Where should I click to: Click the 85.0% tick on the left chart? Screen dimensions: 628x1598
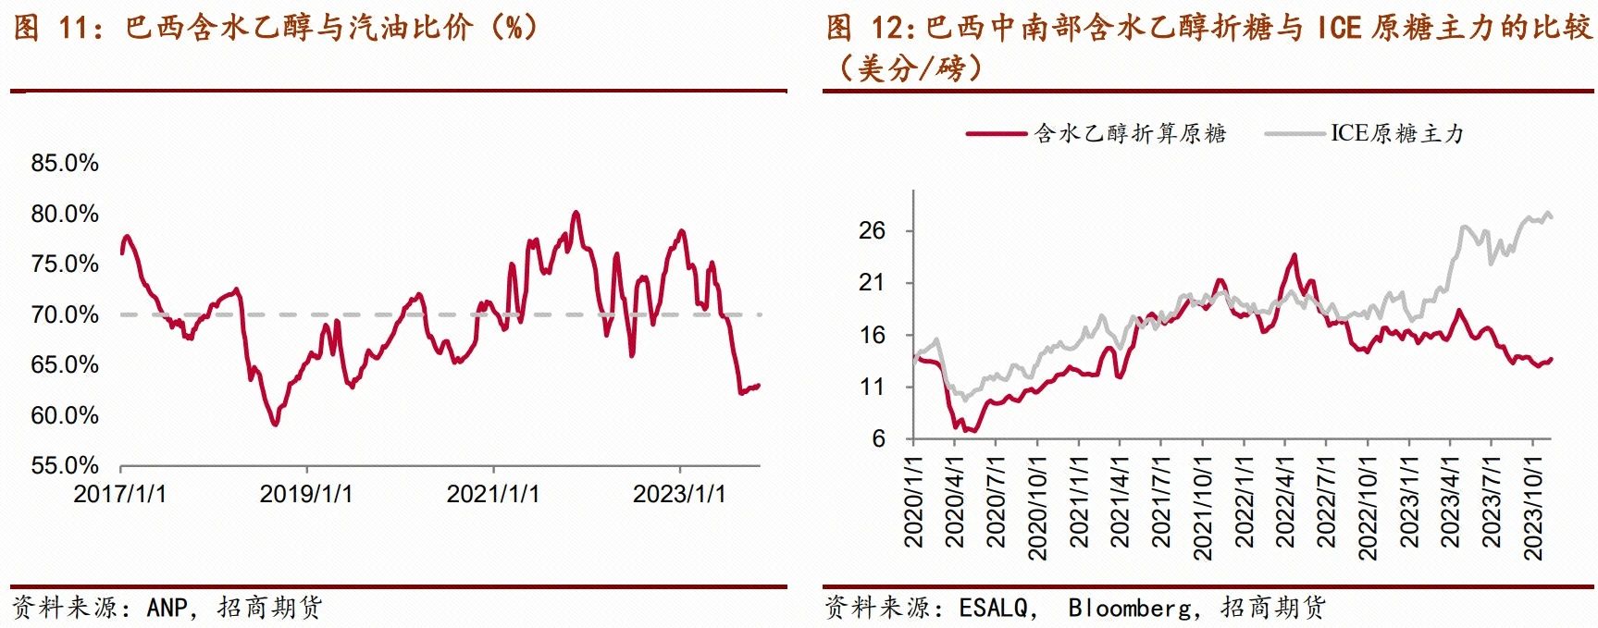[x=65, y=164]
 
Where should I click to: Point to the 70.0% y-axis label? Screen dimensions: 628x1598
[x=65, y=315]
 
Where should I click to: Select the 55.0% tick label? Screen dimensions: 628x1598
[x=65, y=465]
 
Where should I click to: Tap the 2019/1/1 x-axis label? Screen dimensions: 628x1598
[x=306, y=494]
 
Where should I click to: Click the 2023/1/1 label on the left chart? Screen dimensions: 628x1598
[x=679, y=494]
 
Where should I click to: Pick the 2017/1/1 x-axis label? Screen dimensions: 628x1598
[x=120, y=494]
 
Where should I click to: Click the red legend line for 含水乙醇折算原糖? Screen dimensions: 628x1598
[x=997, y=134]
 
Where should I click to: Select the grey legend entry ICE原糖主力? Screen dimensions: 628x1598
[x=1397, y=134]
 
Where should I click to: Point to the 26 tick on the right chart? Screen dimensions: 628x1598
[x=873, y=231]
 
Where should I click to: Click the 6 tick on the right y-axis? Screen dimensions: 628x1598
[x=878, y=439]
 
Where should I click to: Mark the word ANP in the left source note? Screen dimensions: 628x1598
[x=167, y=608]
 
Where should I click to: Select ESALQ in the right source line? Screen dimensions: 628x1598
[x=993, y=608]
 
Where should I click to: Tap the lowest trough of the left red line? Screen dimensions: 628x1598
[x=275, y=425]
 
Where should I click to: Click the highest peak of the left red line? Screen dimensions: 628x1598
[x=576, y=213]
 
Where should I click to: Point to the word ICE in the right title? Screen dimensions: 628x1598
[x=1339, y=28]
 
